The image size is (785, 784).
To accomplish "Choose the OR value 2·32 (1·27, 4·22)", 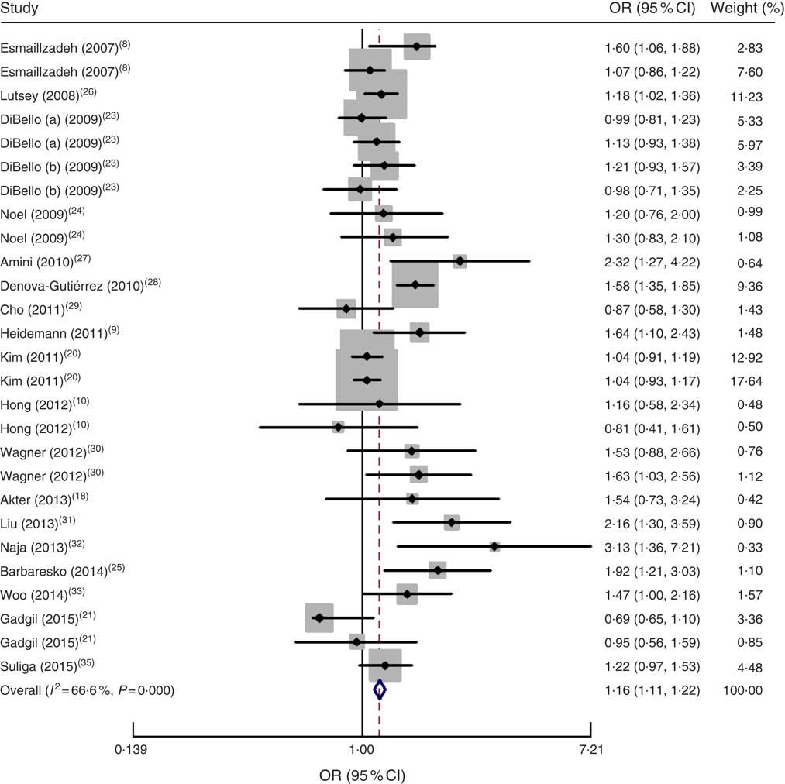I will coord(652,262).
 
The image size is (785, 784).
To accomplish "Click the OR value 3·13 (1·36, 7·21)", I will coord(652,548).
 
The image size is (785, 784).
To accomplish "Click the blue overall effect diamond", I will coord(379,689).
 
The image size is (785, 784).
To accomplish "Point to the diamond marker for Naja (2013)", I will coord(494,547).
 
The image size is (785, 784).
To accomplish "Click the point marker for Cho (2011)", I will coord(346,309).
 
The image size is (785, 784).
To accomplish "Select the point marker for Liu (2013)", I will coord(451,523).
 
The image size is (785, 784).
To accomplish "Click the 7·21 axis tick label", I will coord(590,748).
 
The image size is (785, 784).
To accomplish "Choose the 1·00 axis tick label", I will coord(362,748).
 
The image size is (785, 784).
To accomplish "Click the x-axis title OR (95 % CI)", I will coord(362,774).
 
